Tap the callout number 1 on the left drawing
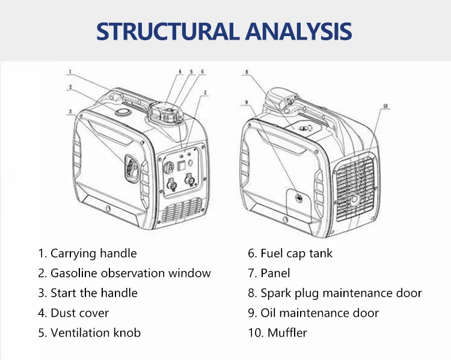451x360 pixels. click(x=70, y=73)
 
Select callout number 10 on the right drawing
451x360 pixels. click(x=385, y=106)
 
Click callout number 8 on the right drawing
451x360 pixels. click(x=246, y=73)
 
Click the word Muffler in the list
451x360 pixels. click(x=287, y=333)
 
